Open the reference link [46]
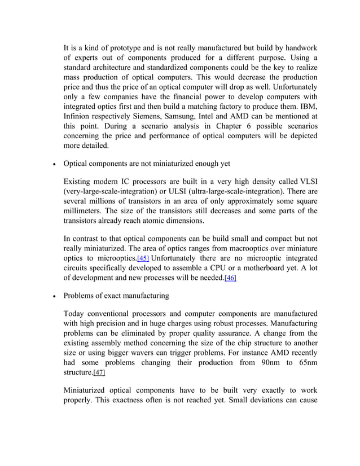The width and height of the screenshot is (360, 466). coord(230,278)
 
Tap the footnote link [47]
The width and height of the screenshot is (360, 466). coord(99,373)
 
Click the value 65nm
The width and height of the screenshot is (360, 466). coord(304,363)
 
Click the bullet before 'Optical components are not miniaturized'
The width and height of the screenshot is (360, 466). coord(53,164)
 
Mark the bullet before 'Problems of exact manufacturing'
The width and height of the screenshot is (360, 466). coord(53,296)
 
